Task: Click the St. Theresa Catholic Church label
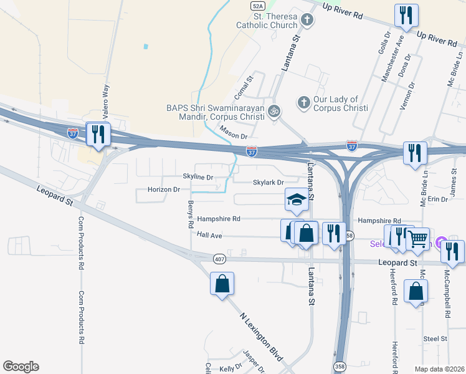pyautogui.click(x=267, y=21)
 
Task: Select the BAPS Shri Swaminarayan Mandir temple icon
pyautogui.click(x=273, y=112)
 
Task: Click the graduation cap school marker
pyautogui.click(x=297, y=200)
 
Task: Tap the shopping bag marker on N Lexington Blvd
pyautogui.click(x=222, y=284)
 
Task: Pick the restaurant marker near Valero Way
pyautogui.click(x=98, y=134)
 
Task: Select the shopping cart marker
pyautogui.click(x=417, y=239)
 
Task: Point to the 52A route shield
pyautogui.click(x=257, y=5)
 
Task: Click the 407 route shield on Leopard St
pyautogui.click(x=219, y=258)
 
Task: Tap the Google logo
pyautogui.click(x=21, y=367)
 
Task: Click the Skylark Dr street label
pyautogui.click(x=268, y=182)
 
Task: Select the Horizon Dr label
pyautogui.click(x=164, y=189)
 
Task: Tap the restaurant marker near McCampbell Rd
pyautogui.click(x=452, y=251)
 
